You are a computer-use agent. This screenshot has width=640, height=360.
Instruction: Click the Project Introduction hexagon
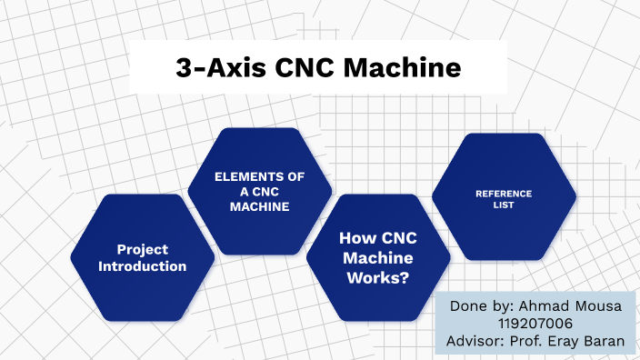(x=143, y=257)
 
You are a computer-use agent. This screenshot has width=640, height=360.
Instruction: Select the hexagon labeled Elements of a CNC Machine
(x=259, y=191)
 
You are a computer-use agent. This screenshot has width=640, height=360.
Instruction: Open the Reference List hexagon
(x=503, y=198)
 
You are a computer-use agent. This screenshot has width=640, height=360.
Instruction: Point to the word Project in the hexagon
(x=143, y=249)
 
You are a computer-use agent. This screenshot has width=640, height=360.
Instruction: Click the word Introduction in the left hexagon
(x=143, y=266)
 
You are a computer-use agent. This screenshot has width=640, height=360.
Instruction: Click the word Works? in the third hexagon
(x=377, y=279)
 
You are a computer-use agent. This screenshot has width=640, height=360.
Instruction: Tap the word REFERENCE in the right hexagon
(x=503, y=193)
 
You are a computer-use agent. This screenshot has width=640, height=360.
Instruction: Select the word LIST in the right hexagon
(x=503, y=205)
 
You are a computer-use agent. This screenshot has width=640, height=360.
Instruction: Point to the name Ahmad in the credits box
(x=543, y=306)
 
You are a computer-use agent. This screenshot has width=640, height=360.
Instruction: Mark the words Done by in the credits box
(x=480, y=306)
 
